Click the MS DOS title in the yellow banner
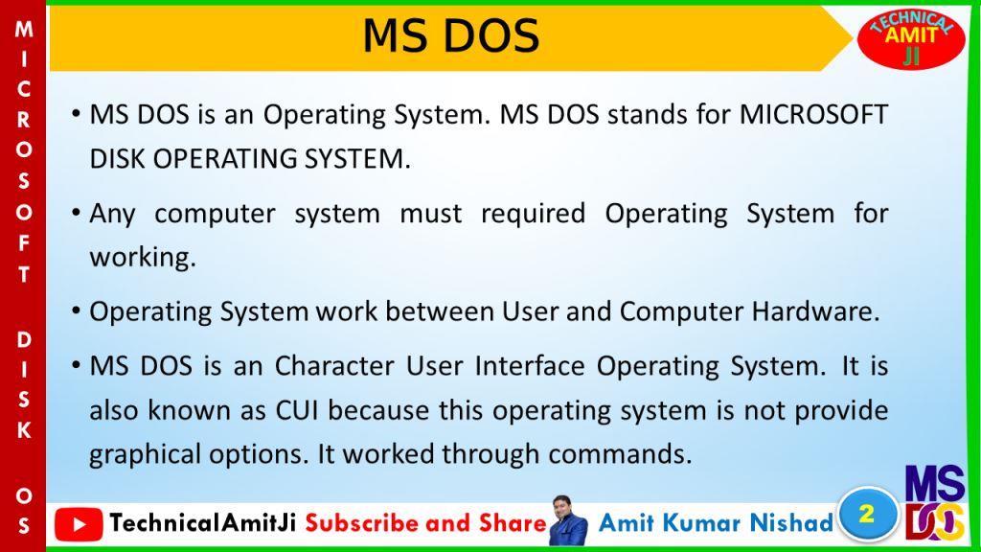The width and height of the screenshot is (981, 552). (450, 35)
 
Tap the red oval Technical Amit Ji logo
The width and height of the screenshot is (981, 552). (910, 38)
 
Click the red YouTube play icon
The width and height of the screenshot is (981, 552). (79, 524)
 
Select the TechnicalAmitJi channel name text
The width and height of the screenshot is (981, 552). (203, 522)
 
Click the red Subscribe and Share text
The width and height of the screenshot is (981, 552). (426, 522)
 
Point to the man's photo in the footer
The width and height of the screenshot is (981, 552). (568, 520)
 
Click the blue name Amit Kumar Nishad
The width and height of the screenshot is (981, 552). (716, 522)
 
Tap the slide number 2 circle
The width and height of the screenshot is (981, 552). (867, 515)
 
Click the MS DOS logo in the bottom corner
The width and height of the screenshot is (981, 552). (935, 503)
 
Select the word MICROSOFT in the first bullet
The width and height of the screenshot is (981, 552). (813, 115)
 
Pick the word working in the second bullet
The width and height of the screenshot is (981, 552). (142, 257)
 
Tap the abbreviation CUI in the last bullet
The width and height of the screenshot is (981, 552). (297, 411)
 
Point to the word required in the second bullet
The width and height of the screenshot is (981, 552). (533, 215)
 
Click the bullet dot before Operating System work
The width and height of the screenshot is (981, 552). (76, 311)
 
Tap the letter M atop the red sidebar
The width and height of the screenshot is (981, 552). (24, 29)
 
